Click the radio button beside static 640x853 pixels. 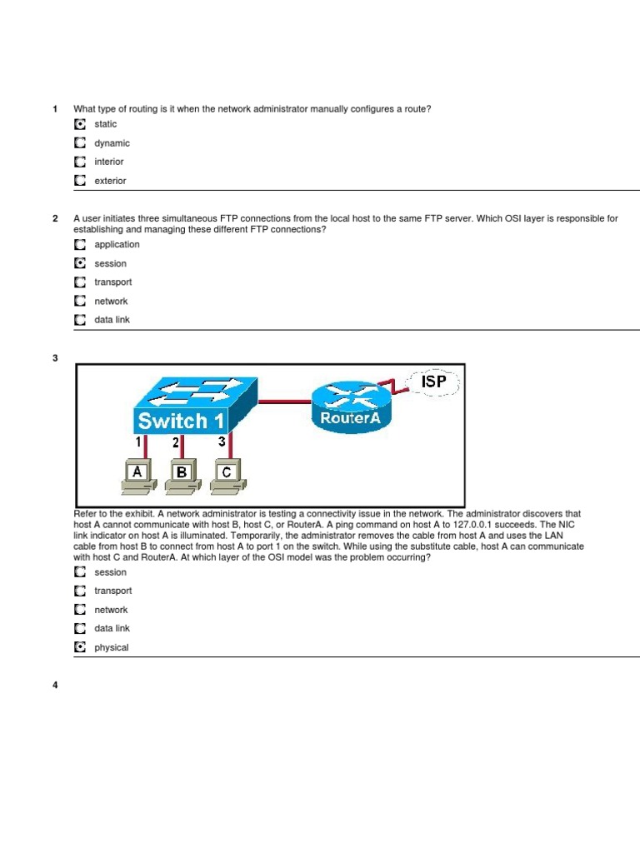pyautogui.click(x=79, y=124)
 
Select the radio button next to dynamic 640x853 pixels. pyautogui.click(x=79, y=143)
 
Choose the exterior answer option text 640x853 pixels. pyautogui.click(x=110, y=181)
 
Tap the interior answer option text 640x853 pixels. pyautogui.click(x=108, y=162)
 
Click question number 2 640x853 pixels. pyautogui.click(x=55, y=219)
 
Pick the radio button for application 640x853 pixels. pyautogui.click(x=79, y=245)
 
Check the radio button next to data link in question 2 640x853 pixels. pyautogui.click(x=79, y=320)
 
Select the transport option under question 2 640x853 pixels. pyautogui.click(x=112, y=282)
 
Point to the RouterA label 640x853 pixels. pyautogui.click(x=351, y=418)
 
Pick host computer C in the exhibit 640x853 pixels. pyautogui.click(x=227, y=474)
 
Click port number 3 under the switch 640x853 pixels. pyautogui.click(x=222, y=442)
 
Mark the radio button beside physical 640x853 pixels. pyautogui.click(x=79, y=647)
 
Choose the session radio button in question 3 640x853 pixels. pyautogui.click(x=79, y=572)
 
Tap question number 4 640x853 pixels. pyautogui.click(x=55, y=686)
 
